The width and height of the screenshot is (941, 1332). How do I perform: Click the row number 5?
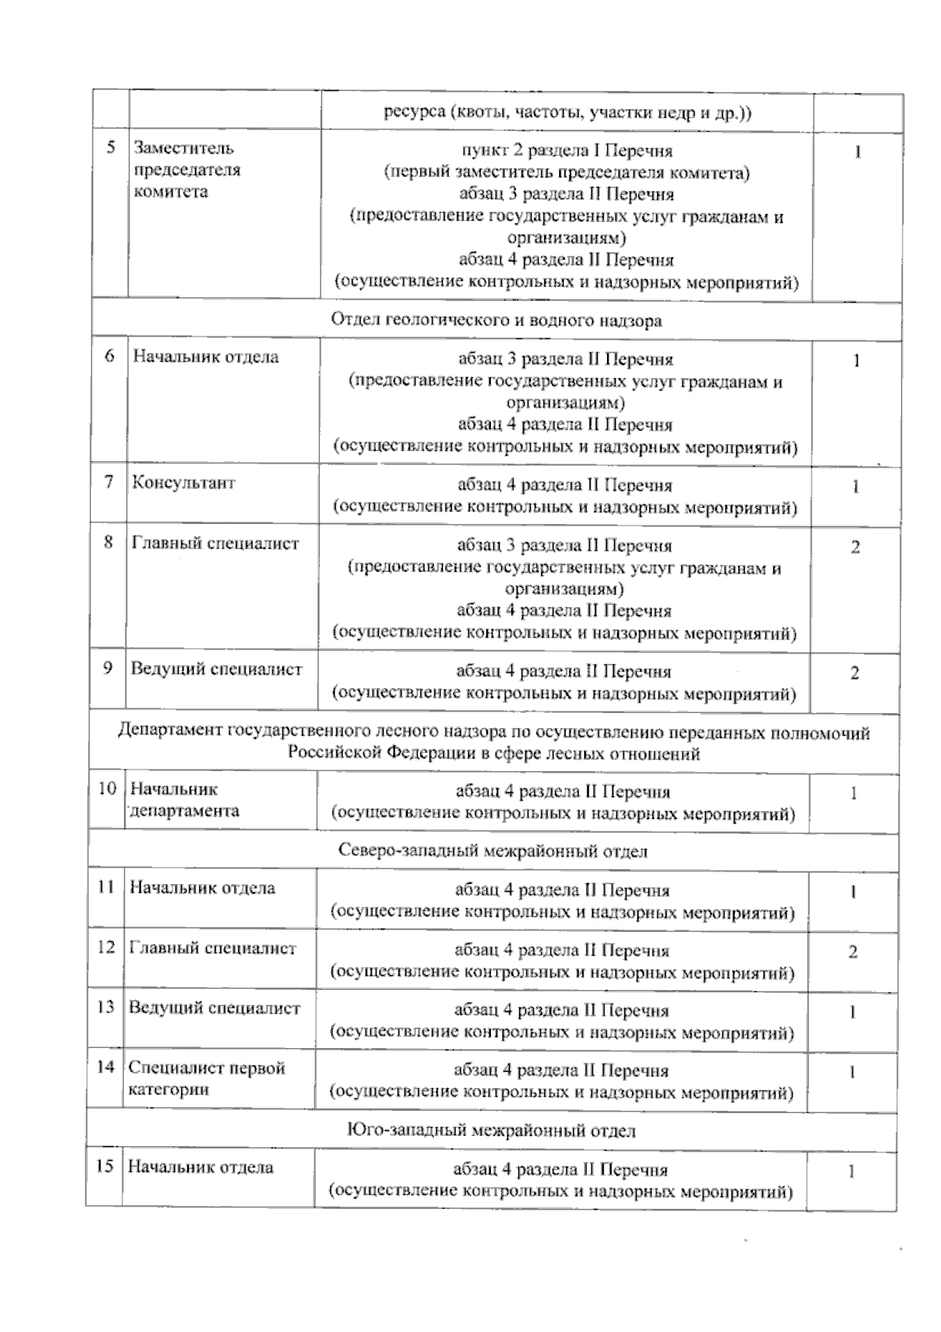(111, 147)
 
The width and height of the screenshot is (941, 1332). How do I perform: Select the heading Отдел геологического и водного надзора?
(496, 320)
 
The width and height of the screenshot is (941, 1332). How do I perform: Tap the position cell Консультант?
(183, 482)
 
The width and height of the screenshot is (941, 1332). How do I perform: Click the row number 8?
(109, 542)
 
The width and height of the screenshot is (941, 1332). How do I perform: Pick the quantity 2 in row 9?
(855, 673)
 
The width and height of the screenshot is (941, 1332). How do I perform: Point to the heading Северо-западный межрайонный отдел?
(493, 851)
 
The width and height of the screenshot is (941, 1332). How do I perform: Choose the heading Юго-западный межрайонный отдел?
(491, 1130)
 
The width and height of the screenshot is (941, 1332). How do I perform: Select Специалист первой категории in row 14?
(206, 1079)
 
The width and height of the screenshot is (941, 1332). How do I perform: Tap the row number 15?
(105, 1166)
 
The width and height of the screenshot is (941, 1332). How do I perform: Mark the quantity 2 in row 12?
(853, 952)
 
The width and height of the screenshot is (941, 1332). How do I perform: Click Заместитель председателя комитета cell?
(187, 169)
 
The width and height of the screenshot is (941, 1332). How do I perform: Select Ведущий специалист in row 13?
(214, 1008)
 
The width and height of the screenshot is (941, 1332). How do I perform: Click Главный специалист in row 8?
(216, 543)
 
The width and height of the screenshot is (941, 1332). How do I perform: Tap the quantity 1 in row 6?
(856, 362)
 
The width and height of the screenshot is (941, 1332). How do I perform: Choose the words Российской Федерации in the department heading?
(372, 754)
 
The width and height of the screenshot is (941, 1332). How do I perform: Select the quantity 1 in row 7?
(856, 487)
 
